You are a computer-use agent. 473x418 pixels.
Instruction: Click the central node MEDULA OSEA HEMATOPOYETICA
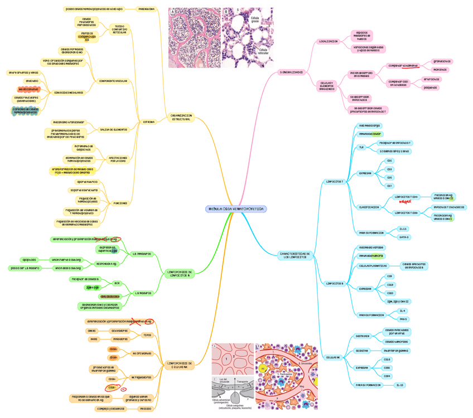(236, 209)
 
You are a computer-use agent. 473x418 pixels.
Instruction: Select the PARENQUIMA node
(146, 9)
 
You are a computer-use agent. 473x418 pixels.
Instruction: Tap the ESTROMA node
(148, 121)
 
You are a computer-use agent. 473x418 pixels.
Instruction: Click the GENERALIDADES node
(291, 72)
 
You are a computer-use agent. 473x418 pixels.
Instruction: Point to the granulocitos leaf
(442, 61)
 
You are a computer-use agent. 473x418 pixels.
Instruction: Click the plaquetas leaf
(431, 88)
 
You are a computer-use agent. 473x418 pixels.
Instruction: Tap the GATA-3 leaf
(404, 237)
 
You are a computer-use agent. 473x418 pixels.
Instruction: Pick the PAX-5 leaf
(403, 319)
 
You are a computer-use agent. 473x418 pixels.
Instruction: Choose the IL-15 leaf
(400, 385)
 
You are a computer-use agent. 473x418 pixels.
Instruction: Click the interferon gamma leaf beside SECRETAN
(395, 351)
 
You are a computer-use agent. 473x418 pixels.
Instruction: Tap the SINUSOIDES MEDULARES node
(69, 93)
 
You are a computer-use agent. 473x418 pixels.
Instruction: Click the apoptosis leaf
(29, 260)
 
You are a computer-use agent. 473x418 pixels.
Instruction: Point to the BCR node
(117, 283)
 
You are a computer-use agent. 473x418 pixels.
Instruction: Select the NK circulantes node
(142, 353)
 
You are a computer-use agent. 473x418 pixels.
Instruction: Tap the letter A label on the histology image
(172, 12)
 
